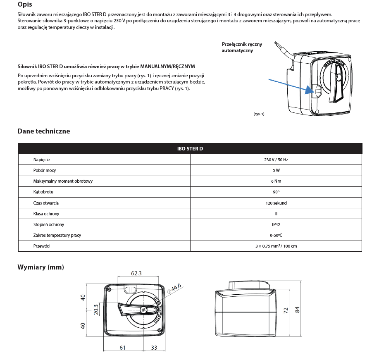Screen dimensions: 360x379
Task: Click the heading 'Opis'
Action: point(25,5)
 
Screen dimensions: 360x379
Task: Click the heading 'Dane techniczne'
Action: point(44,131)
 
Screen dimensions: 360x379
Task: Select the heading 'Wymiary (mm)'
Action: point(41,267)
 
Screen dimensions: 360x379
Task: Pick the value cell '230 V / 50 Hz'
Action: point(276,160)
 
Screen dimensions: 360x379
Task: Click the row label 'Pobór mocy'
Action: point(45,170)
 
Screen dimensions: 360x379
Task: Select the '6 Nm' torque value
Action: point(276,181)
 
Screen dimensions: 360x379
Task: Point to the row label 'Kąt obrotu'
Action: point(43,192)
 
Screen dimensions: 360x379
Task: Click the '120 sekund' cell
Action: point(276,203)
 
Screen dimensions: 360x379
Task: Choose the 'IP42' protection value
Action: point(276,224)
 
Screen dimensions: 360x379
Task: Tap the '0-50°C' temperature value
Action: point(276,235)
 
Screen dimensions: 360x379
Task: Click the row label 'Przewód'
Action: point(42,246)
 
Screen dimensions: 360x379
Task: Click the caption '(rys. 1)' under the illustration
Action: point(259,114)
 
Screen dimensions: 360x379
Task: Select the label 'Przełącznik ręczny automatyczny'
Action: point(242,48)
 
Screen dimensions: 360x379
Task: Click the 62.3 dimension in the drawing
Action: point(136,273)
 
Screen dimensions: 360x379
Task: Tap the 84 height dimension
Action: point(297,310)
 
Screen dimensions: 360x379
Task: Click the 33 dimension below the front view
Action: point(154,348)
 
